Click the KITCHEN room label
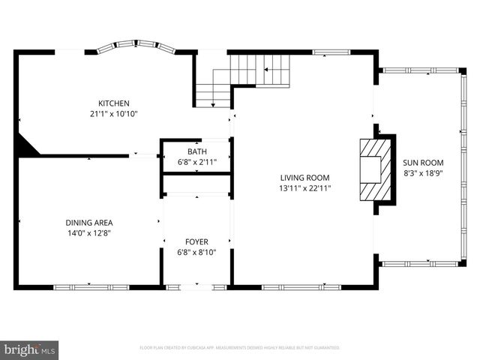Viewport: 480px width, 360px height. tap(114, 103)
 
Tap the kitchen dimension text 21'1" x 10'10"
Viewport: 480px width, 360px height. tap(114, 114)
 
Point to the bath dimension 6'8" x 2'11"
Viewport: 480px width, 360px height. tap(196, 162)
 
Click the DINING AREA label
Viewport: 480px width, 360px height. tap(89, 223)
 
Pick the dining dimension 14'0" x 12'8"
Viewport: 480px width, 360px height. tap(89, 233)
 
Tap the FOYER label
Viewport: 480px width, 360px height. tap(196, 241)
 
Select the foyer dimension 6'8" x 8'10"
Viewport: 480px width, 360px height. tap(196, 252)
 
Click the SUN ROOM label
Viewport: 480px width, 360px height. tap(423, 163)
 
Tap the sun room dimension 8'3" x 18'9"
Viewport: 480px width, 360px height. tap(423, 173)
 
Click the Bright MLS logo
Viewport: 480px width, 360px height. tap(30, 349)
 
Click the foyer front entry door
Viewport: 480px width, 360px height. tap(196, 286)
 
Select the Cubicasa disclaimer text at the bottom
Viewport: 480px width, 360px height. tap(240, 348)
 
